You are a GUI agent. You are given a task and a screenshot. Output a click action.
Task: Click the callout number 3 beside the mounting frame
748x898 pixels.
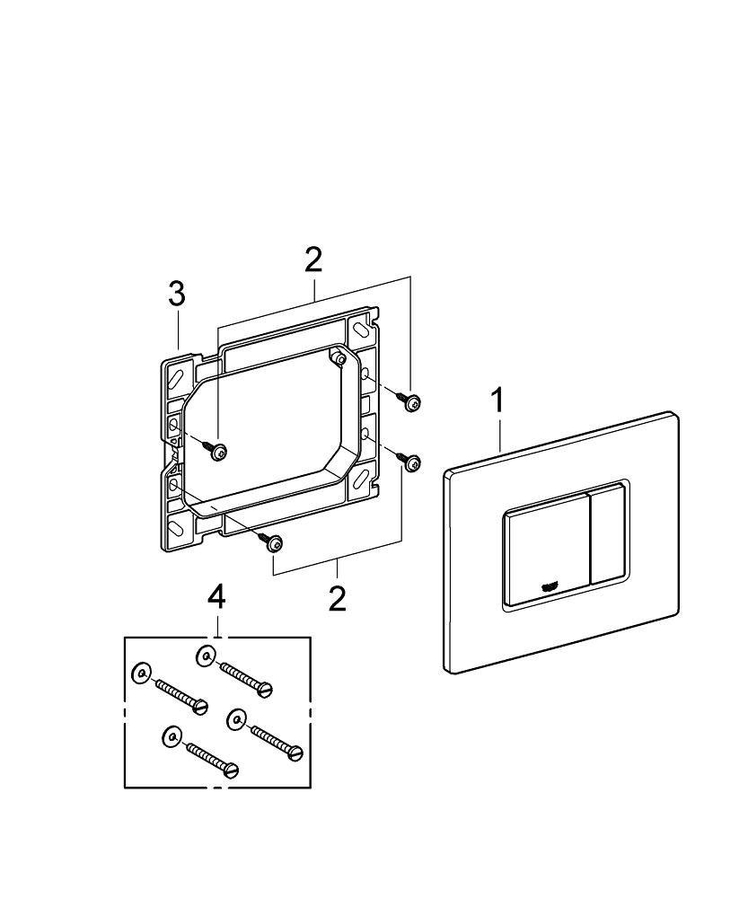pyautogui.click(x=177, y=294)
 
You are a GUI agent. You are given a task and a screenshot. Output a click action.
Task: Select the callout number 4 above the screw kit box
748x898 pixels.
pyautogui.click(x=216, y=597)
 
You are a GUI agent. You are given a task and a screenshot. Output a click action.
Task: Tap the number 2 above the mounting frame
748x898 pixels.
pyautogui.click(x=312, y=260)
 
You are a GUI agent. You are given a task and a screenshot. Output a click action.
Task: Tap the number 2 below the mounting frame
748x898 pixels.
pyautogui.click(x=337, y=598)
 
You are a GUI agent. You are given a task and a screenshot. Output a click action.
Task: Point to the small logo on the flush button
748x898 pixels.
pyautogui.click(x=550, y=586)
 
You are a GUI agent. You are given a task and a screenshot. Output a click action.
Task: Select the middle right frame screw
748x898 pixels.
pyautogui.click(x=412, y=462)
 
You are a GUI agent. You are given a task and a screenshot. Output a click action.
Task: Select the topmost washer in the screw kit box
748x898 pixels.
pyautogui.click(x=207, y=657)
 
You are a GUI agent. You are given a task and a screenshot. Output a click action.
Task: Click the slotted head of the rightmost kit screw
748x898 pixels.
pyautogui.click(x=295, y=753)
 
